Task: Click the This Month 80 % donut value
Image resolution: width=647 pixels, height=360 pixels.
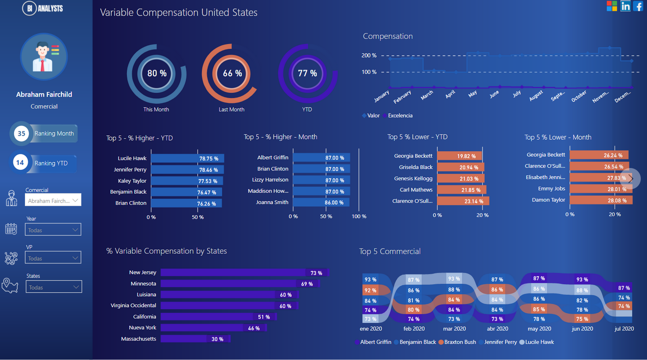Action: coord(157,73)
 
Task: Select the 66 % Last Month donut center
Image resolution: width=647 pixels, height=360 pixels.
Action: coord(232,73)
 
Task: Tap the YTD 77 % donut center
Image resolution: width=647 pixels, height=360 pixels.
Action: coord(307,73)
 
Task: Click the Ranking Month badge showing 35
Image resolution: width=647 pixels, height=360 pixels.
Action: coord(22,133)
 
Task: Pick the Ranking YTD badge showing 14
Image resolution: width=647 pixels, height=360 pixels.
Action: coord(20,163)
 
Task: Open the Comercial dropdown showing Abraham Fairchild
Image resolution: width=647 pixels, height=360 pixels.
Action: coord(53,201)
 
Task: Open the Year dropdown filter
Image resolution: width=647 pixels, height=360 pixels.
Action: coord(53,230)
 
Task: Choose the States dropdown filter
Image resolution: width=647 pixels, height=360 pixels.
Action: coord(53,287)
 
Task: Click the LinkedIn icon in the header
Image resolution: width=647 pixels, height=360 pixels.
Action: coord(626,6)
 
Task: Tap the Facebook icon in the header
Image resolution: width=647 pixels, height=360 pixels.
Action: coord(639,6)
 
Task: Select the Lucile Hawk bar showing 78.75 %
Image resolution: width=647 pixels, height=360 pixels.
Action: coord(188,158)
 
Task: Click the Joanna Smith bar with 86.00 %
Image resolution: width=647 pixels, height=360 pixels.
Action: coord(321,202)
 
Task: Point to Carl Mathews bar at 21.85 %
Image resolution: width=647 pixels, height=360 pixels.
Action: coord(462,189)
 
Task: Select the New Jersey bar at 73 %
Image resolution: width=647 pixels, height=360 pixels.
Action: coord(244,273)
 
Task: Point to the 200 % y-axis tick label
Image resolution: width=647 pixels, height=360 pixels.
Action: coord(369,55)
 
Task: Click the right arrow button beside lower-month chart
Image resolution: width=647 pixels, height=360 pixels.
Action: coord(630,178)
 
